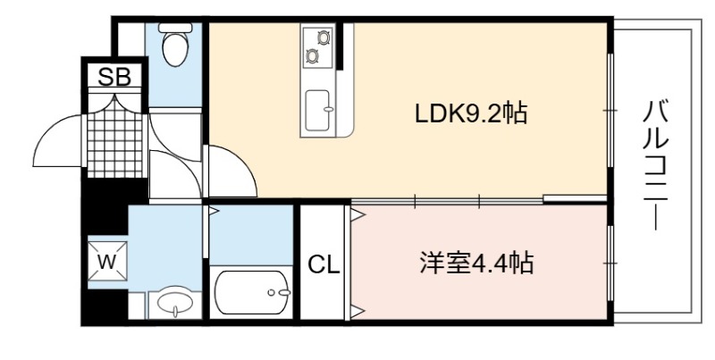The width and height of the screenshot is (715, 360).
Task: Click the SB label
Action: click(x=114, y=77)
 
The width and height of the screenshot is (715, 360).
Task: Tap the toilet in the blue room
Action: click(x=175, y=45)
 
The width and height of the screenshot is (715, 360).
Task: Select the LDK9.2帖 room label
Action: click(x=472, y=114)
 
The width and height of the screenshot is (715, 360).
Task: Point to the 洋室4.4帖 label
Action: click(x=476, y=263)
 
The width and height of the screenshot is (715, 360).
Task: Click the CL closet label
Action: click(x=324, y=264)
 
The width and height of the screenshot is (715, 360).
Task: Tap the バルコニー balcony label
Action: click(x=656, y=166)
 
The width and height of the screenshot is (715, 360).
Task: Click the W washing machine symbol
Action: click(x=107, y=262)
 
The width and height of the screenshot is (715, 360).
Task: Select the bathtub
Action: click(x=252, y=292)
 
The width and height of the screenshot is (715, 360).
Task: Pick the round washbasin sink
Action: click(x=175, y=302)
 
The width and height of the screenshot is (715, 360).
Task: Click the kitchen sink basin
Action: click(x=317, y=110)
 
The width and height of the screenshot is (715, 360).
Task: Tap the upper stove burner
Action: click(x=324, y=38)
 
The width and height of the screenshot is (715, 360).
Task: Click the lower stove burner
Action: click(x=312, y=56)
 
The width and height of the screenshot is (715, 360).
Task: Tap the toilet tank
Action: click(x=175, y=28)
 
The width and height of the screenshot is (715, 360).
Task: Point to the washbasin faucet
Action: click(x=175, y=311)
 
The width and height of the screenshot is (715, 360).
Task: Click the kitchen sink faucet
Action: click(x=327, y=108)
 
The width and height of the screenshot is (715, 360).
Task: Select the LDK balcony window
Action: click(x=610, y=110)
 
